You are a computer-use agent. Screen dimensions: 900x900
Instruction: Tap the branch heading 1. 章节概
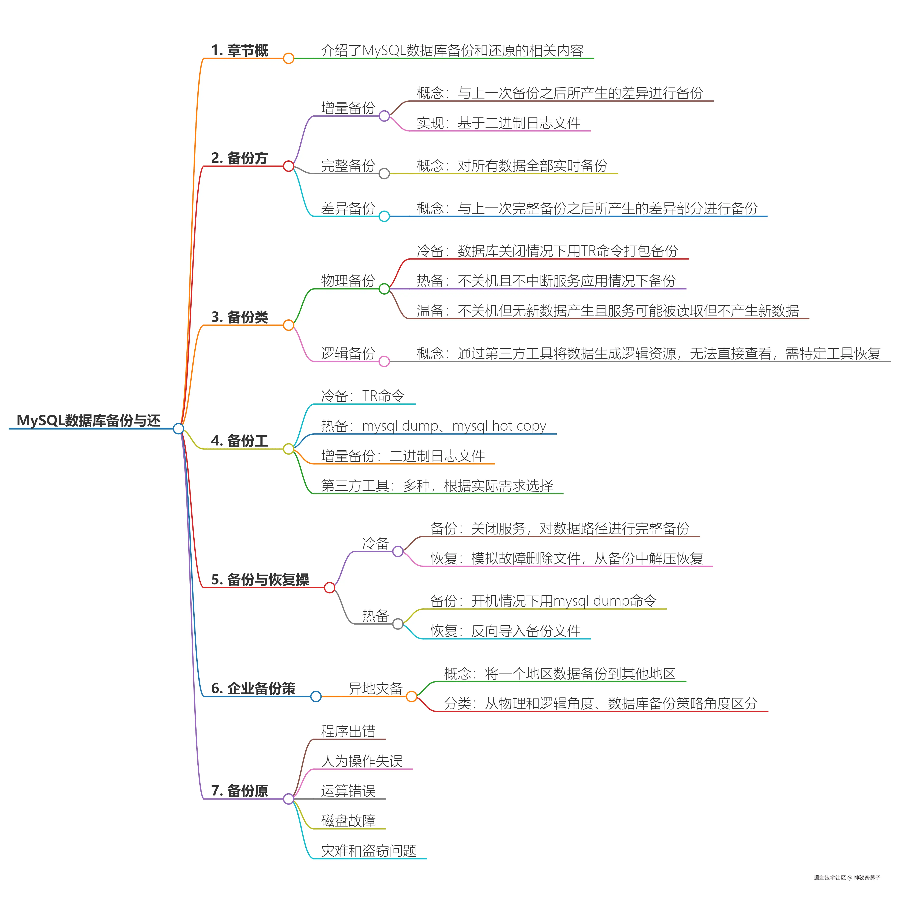(239, 50)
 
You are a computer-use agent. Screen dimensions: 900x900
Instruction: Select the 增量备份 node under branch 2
(348, 108)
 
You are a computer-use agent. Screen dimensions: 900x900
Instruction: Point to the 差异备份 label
(348, 208)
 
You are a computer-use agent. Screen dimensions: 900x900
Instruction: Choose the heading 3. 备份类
(239, 317)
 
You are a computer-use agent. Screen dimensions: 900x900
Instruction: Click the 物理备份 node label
(348, 281)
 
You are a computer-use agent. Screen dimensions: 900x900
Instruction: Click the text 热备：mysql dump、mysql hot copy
(433, 426)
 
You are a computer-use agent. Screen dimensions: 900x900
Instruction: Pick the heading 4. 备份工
(239, 441)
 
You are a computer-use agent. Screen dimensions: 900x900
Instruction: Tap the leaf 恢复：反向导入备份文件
(505, 631)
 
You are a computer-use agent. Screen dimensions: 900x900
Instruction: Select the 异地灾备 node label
(375, 689)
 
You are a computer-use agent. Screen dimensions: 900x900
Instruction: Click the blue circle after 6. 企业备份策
(316, 696)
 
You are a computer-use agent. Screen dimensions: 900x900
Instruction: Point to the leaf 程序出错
(348, 731)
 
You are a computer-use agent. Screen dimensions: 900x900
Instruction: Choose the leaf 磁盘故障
(348, 821)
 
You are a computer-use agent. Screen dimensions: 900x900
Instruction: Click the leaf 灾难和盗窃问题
(369, 851)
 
